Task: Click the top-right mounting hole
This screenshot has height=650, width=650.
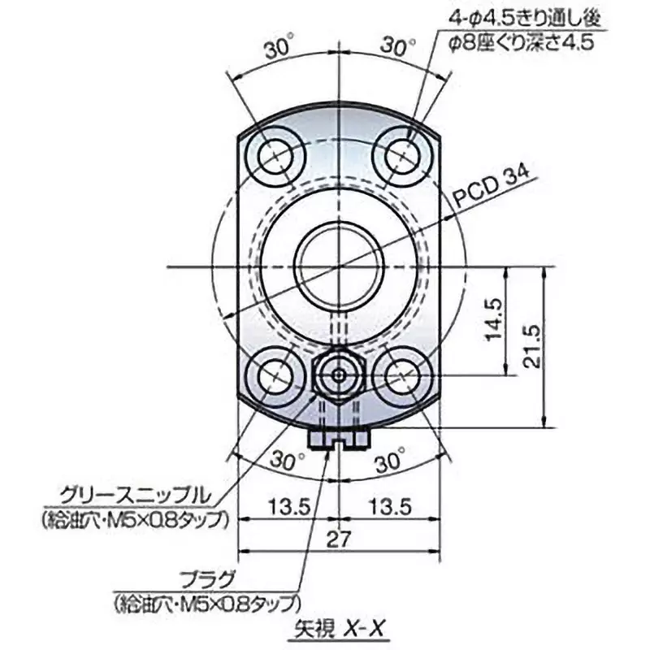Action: pos(402,153)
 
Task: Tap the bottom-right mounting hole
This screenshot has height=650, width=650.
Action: pos(401,375)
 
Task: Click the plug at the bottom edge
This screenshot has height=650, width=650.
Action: pos(339,439)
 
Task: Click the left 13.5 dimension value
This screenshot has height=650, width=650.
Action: pos(290,506)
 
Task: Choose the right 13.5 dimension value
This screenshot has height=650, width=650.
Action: pos(388,506)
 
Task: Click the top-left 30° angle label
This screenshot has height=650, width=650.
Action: pos(279,49)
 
